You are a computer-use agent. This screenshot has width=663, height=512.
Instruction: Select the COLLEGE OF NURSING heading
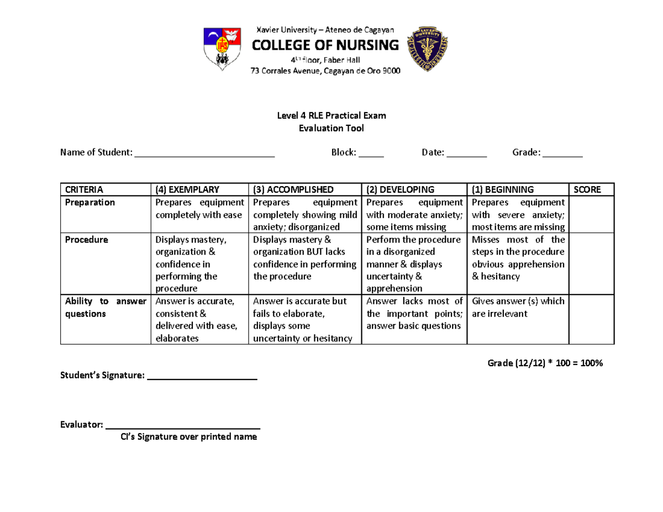click(x=325, y=45)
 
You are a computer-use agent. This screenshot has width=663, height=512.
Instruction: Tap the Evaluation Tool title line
click(x=331, y=128)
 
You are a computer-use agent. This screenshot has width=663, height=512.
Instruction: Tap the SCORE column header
click(x=587, y=189)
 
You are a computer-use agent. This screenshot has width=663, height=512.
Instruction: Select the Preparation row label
click(x=90, y=202)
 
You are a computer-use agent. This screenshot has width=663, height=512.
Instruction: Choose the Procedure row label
click(x=86, y=240)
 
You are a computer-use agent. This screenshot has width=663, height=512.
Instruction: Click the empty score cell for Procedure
click(x=592, y=263)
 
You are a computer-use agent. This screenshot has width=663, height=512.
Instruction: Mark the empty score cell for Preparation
click(x=592, y=214)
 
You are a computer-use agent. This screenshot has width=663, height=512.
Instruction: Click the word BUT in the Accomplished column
click(x=306, y=252)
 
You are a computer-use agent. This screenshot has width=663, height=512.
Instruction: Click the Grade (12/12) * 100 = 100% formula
click(x=545, y=363)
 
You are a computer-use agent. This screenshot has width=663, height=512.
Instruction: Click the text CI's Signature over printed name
click(x=189, y=437)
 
